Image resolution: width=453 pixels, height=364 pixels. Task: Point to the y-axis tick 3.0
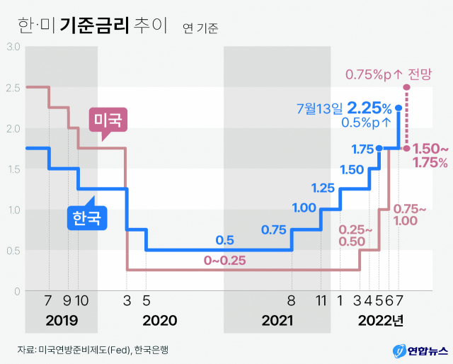[13, 47]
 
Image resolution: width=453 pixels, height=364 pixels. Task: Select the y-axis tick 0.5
[13, 251]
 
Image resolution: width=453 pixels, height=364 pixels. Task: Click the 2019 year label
[62, 320]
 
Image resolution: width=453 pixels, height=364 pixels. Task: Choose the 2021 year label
[277, 320]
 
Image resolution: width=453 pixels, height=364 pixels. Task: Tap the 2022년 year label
[380, 320]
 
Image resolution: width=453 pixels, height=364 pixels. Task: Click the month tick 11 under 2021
[321, 301]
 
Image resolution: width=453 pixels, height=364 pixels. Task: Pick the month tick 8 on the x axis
[291, 301]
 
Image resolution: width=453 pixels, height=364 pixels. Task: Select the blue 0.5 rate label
[225, 239]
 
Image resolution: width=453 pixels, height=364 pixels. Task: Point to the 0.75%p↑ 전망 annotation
[389, 73]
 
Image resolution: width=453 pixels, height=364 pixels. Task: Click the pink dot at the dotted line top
[406, 88]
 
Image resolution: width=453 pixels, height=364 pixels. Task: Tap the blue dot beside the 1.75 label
[379, 148]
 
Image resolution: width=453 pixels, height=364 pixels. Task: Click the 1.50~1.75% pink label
[430, 155]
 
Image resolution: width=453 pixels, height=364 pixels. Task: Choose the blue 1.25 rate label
[323, 188]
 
